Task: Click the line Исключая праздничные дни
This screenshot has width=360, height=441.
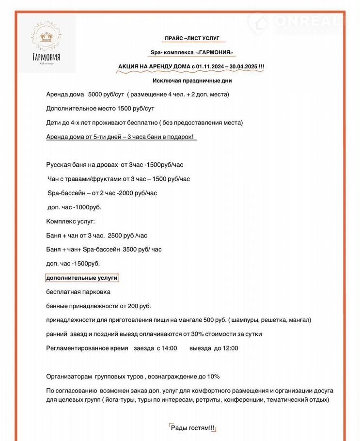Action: pyautogui.click(x=191, y=80)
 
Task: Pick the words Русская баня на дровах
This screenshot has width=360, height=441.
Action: pyautogui.click(x=81, y=165)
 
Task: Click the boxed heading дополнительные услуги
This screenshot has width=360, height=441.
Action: pyautogui.click(x=81, y=278)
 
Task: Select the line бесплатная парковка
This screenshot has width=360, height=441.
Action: pyautogui.click(x=78, y=292)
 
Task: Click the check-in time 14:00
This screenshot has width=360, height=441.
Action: pyautogui.click(x=169, y=348)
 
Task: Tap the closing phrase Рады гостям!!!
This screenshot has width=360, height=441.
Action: pyautogui.click(x=192, y=428)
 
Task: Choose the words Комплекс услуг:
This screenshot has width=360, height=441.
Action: pyautogui.click(x=71, y=221)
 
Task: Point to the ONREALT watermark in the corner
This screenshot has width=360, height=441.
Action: pyautogui.click(x=300, y=22)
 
